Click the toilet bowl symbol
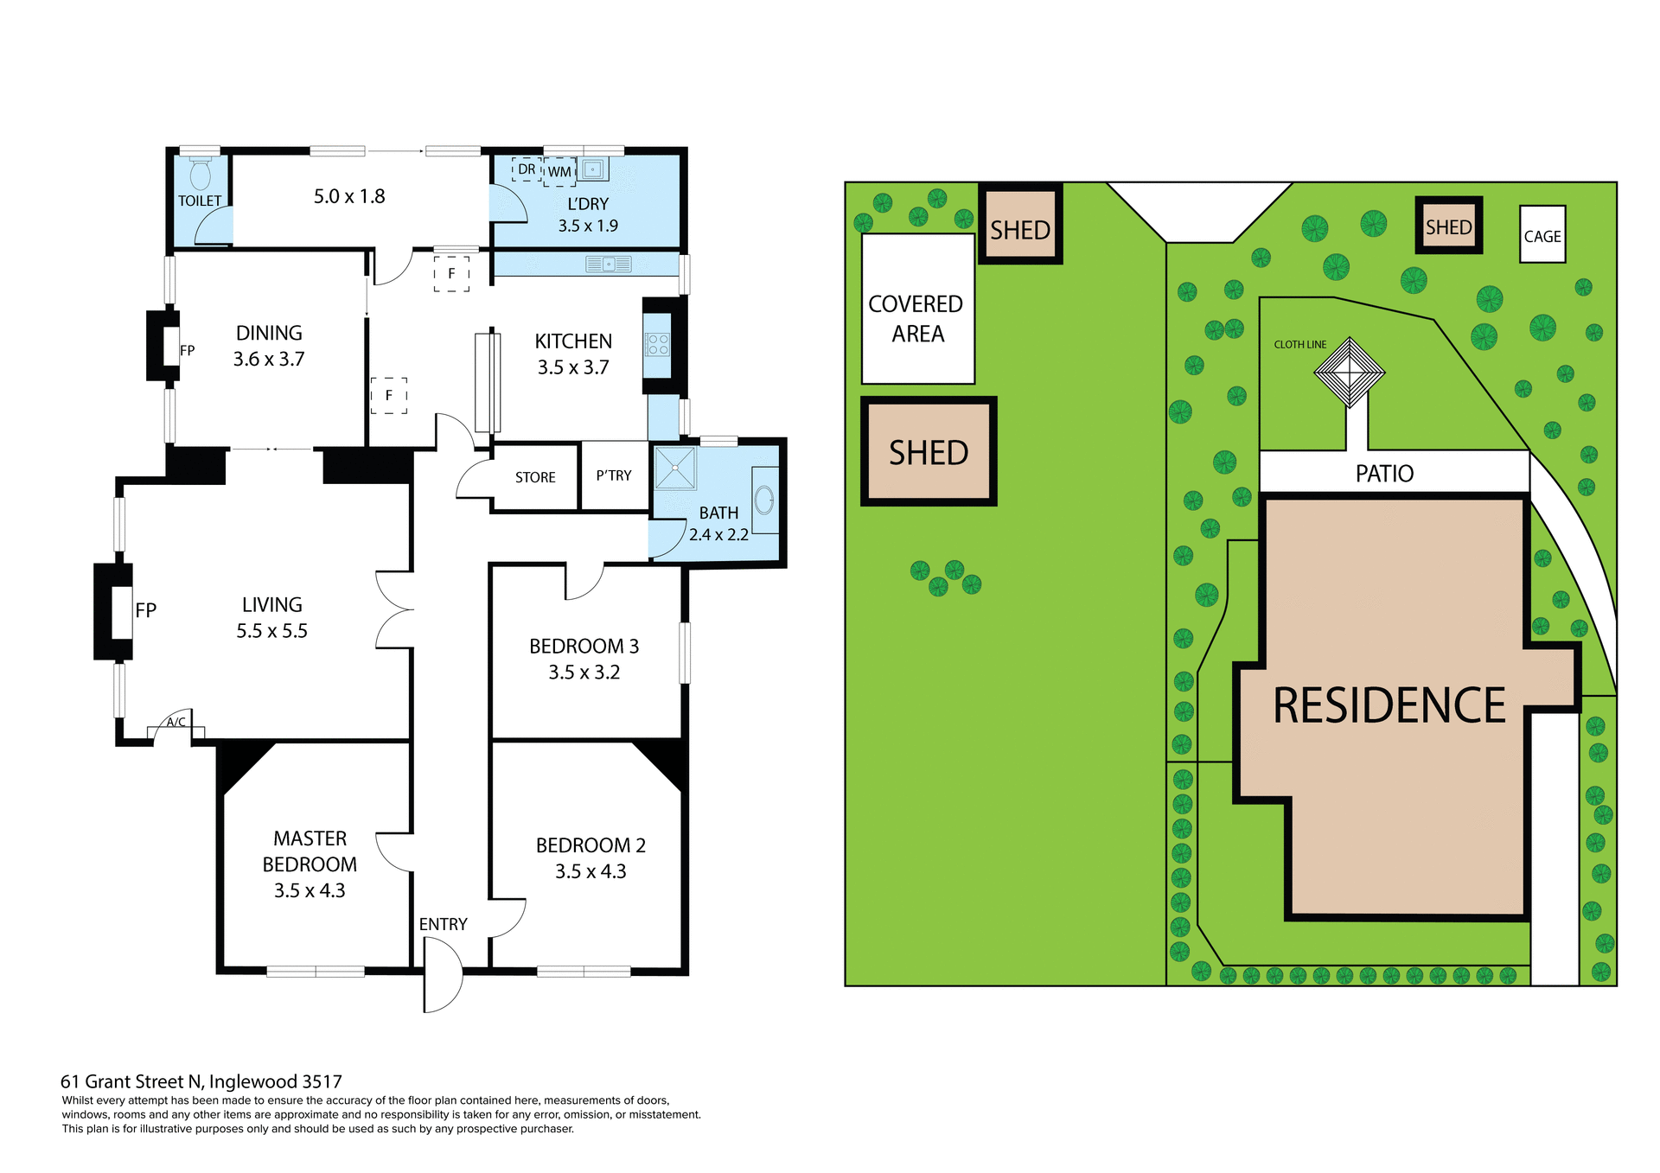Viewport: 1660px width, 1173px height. (x=201, y=175)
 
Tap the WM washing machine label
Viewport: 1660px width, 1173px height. (x=559, y=171)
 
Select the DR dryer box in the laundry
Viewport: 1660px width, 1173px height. (x=527, y=169)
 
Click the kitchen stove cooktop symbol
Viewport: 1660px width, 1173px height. (x=657, y=345)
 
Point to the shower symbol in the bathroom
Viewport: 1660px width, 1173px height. (x=675, y=468)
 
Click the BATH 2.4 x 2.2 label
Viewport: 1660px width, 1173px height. (x=718, y=523)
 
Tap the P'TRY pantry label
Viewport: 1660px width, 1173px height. (x=614, y=475)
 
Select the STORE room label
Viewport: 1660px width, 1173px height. (x=535, y=477)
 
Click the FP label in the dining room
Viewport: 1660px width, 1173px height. (x=188, y=350)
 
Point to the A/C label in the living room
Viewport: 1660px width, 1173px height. (x=176, y=722)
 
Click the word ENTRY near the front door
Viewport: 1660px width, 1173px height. (x=443, y=924)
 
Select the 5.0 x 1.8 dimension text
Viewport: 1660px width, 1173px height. (x=349, y=196)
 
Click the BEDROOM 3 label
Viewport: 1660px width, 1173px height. (x=584, y=647)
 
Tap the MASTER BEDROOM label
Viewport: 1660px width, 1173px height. (x=310, y=851)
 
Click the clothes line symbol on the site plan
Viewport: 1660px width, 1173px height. (x=1349, y=372)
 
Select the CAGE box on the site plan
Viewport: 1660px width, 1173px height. (x=1542, y=235)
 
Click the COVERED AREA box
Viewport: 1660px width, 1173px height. (x=917, y=309)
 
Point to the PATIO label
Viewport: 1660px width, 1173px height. (x=1384, y=473)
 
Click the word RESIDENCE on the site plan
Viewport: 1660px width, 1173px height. (x=1389, y=705)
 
